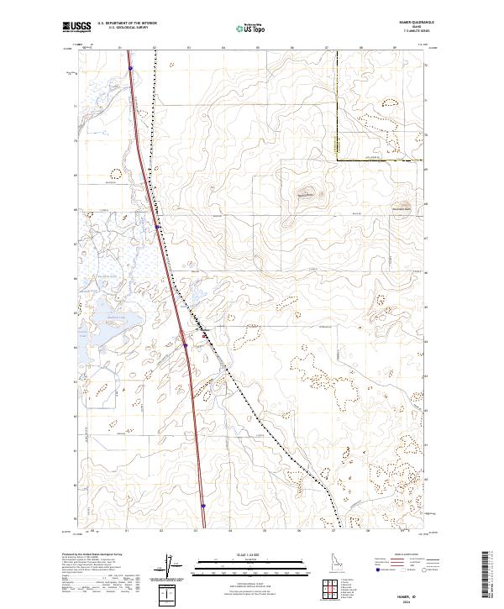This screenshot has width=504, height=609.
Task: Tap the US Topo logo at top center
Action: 249,27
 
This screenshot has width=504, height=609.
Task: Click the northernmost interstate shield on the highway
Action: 131,70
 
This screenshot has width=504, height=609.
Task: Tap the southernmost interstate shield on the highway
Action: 203,506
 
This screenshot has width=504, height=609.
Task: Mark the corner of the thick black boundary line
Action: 337,159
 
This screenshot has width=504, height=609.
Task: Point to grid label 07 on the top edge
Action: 326,49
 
